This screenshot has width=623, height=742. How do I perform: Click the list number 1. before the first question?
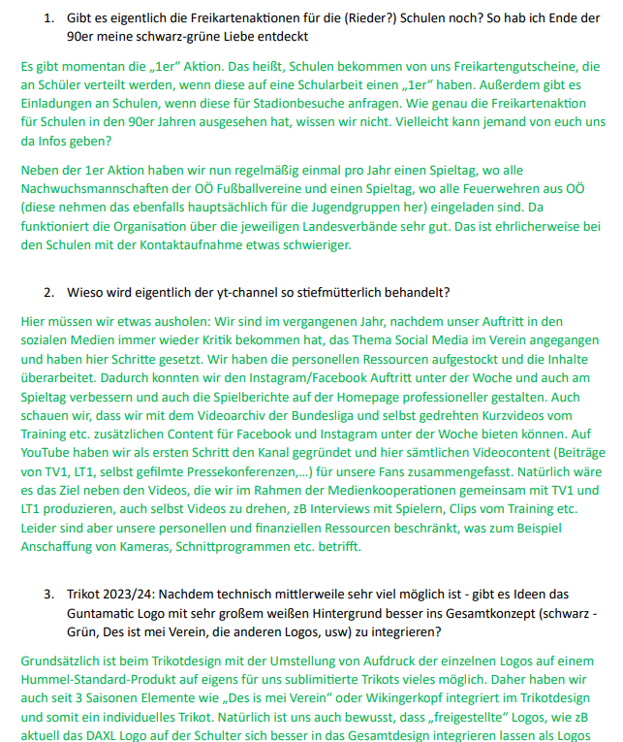point(49,18)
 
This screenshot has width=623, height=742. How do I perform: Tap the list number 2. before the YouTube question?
point(49,292)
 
